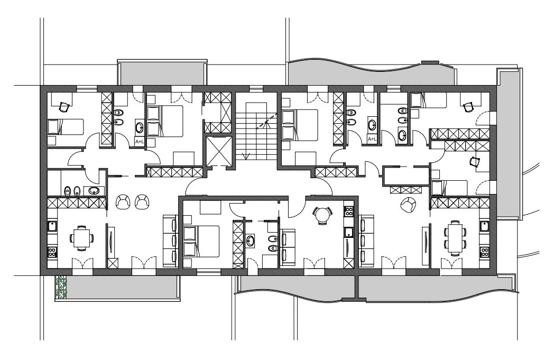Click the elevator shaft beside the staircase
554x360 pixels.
coord(219,151)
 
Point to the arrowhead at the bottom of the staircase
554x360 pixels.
coord(246,156)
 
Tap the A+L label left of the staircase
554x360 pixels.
coord(140,141)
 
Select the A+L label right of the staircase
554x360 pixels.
coord(372,139)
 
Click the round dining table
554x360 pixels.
coord(322,215)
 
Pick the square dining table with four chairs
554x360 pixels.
coord(81,238)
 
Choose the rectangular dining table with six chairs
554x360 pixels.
coord(455,238)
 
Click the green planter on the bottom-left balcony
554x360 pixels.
coord(61,288)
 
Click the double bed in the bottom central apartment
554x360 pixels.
coord(201,242)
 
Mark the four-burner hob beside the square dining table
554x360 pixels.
coord(52,252)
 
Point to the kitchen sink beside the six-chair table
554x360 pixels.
coord(484,226)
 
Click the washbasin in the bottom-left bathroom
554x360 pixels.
coord(94,191)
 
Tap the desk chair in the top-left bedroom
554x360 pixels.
coord(63,106)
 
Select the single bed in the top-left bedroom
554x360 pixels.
coord(66,127)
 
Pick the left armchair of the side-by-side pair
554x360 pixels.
coord(123,202)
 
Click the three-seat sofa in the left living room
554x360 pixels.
coord(170,241)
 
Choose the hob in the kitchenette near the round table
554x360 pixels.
coord(348,211)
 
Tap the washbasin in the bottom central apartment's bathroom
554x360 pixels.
coord(251,241)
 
